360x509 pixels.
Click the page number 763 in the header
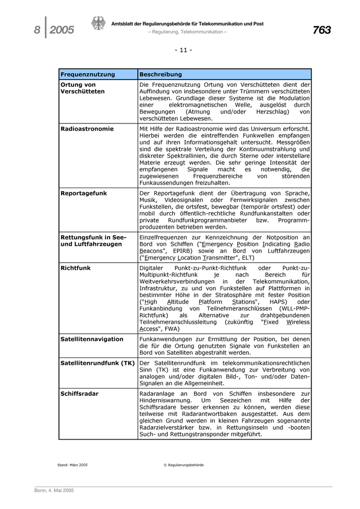click(x=321, y=30)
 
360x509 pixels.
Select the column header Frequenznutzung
click(x=87, y=75)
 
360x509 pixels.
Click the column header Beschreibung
click(x=160, y=75)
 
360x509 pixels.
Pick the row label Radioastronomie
click(x=87, y=129)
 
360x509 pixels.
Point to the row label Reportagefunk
click(x=83, y=193)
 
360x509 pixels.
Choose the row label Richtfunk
click(x=76, y=268)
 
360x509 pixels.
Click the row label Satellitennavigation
click(x=92, y=339)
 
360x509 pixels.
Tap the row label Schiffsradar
click(x=79, y=393)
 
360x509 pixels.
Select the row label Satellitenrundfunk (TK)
click(x=97, y=363)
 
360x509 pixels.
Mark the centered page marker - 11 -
click(x=183, y=50)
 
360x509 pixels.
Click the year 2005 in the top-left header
click(x=62, y=31)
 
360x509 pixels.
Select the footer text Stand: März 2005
click(x=73, y=465)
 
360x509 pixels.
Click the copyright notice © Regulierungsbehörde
click(x=183, y=465)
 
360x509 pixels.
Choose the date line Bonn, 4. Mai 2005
click(x=54, y=490)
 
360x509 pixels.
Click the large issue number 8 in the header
click(x=37, y=31)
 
